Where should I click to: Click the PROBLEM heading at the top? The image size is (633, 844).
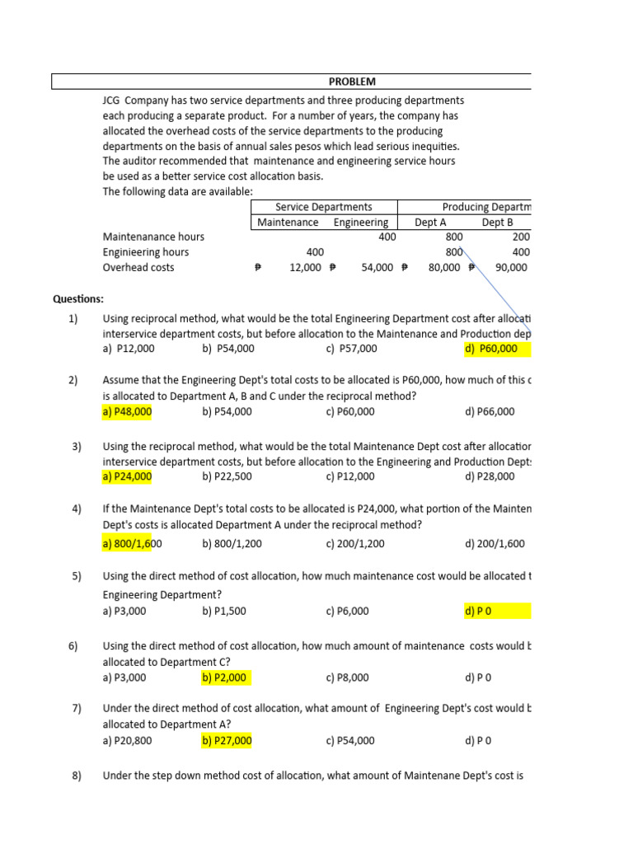point(352,82)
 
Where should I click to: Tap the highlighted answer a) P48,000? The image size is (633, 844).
point(127,412)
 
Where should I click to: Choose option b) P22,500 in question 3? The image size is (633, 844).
point(227,476)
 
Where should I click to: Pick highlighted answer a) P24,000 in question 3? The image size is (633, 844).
point(127,476)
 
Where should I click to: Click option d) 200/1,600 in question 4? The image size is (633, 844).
point(495,544)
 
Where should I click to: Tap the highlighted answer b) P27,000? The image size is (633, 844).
point(227,741)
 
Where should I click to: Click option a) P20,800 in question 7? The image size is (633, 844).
point(127,741)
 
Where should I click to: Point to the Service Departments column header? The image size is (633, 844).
point(323,207)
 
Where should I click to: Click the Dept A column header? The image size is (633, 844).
point(430,223)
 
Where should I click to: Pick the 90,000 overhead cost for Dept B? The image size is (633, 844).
point(511,268)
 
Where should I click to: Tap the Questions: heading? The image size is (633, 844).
point(78,298)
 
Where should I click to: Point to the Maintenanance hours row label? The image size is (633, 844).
point(153,237)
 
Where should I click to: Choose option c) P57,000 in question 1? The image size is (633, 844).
point(352,349)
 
